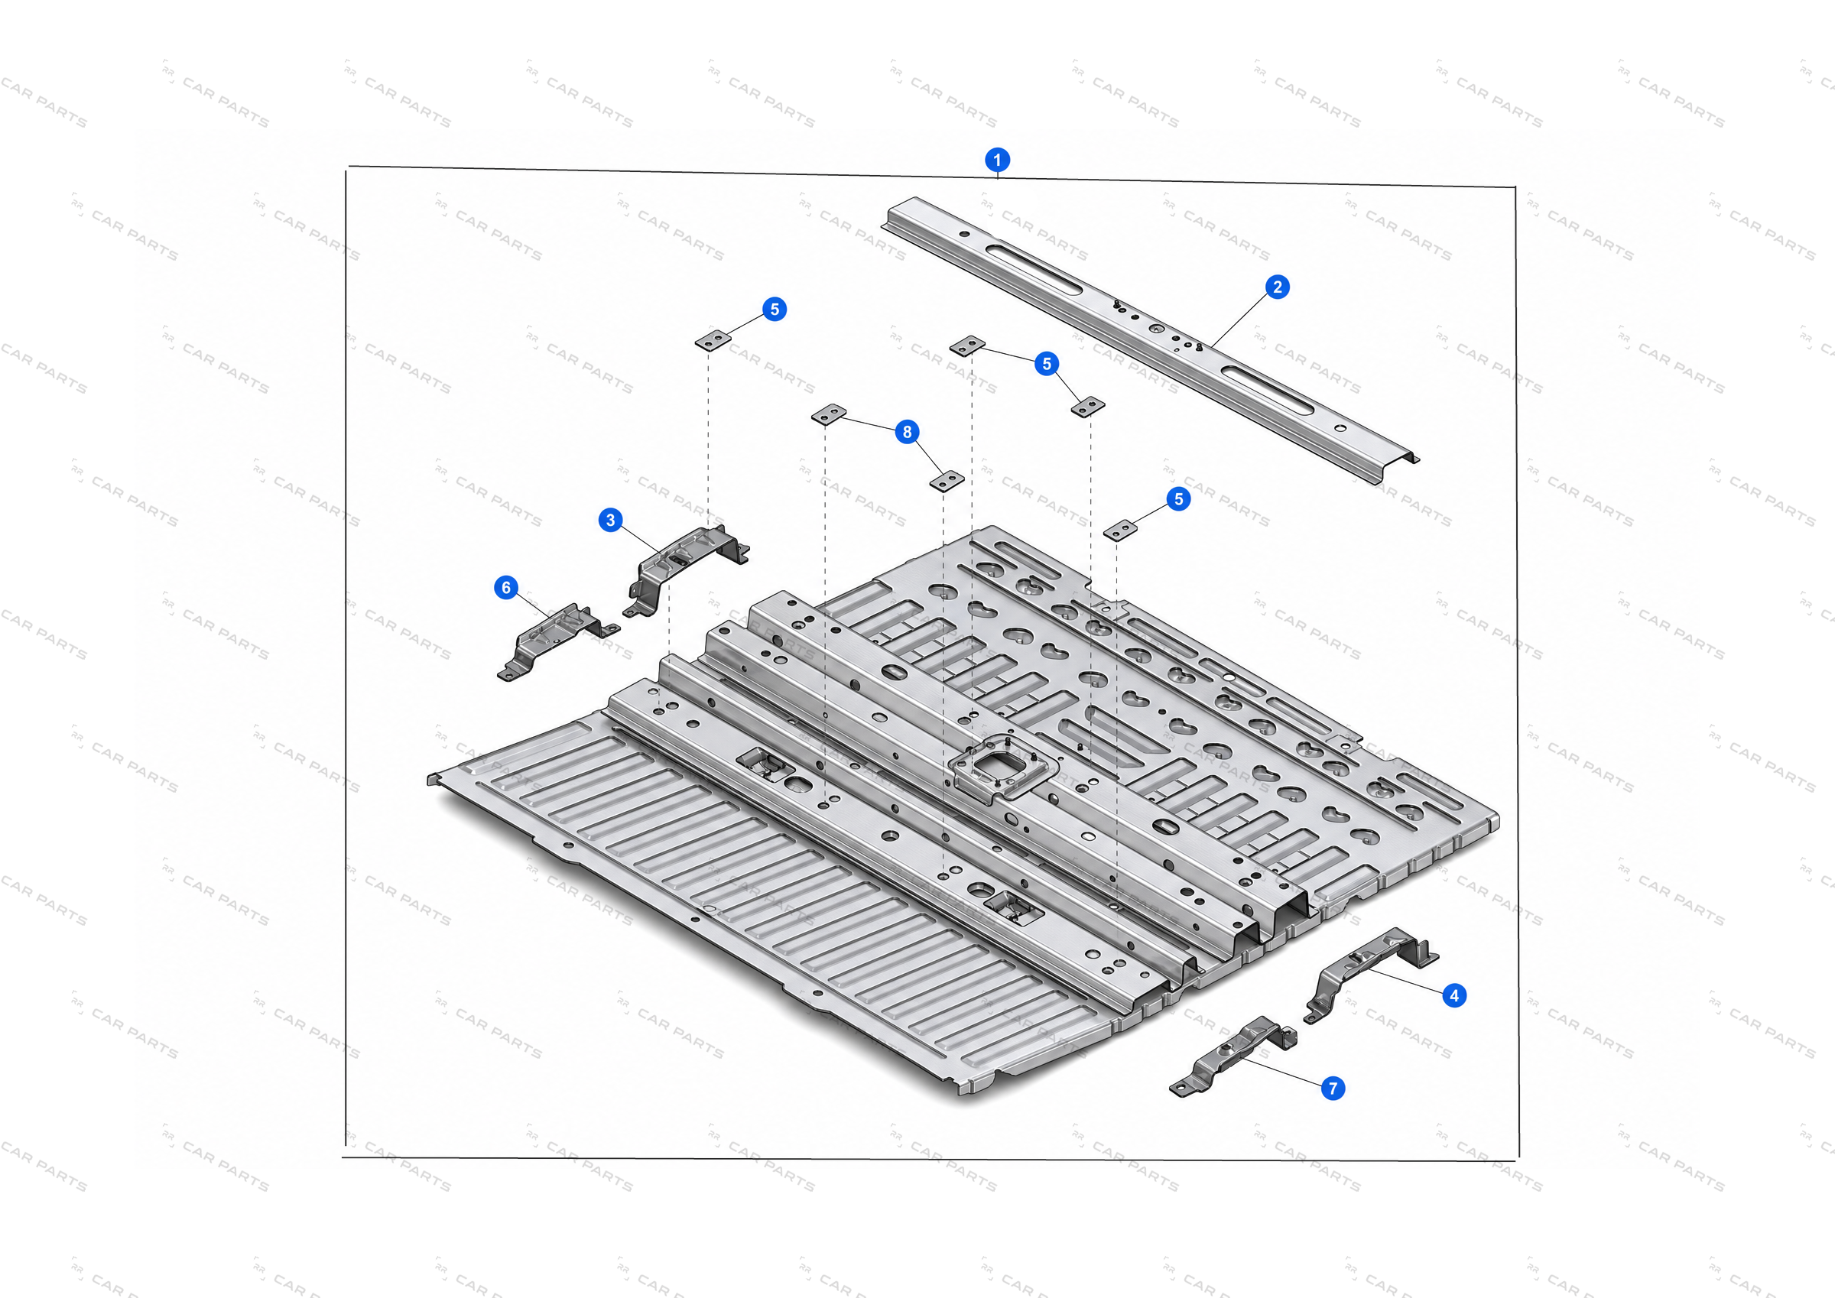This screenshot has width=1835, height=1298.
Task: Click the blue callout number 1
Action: (996, 160)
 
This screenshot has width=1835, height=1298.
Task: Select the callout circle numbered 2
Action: (1277, 287)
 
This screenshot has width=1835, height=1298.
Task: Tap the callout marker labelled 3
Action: (611, 521)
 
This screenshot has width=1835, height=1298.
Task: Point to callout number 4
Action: (1453, 996)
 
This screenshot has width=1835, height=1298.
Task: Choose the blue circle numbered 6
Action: (506, 587)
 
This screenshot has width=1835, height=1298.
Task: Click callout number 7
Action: (1333, 1088)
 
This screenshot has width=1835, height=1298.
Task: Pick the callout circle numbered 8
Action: (906, 432)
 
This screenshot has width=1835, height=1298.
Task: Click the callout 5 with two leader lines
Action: (1046, 364)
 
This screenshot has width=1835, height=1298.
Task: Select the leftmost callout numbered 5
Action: (774, 310)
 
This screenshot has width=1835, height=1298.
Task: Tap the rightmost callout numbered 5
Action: (1178, 499)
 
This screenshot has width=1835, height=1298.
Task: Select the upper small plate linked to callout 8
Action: (829, 415)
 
